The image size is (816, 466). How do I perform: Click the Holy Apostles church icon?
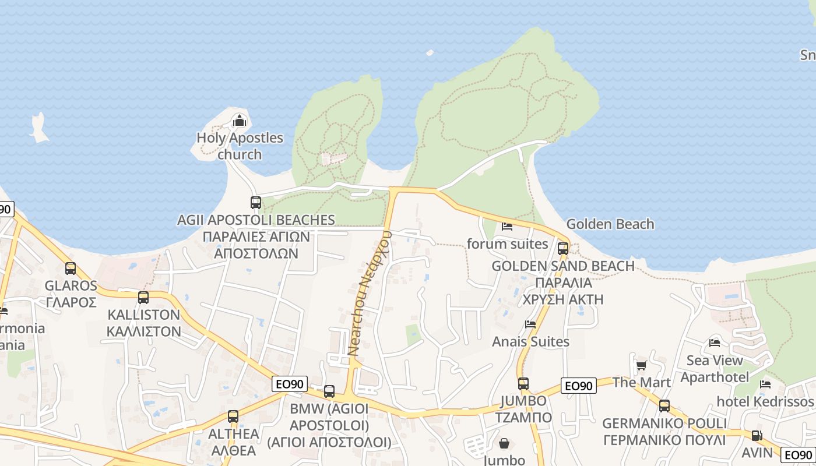pyautogui.click(x=239, y=121)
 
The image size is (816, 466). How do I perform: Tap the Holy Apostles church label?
pyautogui.click(x=240, y=146)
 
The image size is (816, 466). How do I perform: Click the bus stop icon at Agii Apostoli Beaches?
pyautogui.click(x=256, y=203)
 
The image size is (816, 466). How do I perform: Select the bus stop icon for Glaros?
pyautogui.click(x=71, y=269)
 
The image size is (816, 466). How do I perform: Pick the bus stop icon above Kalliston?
pyautogui.click(x=143, y=298)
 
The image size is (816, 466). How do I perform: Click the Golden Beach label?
pyautogui.click(x=610, y=224)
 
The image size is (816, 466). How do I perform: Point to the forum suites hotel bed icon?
pyautogui.click(x=507, y=226)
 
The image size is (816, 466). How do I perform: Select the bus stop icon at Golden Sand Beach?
pyautogui.click(x=562, y=249)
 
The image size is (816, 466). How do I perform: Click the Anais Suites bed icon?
pyautogui.click(x=530, y=324)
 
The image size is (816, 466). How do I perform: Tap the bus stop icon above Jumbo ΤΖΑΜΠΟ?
pyautogui.click(x=523, y=384)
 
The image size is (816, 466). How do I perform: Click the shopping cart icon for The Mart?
pyautogui.click(x=641, y=365)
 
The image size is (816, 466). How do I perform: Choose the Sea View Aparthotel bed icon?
pyautogui.click(x=715, y=343)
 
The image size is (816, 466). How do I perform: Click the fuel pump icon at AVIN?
pyautogui.click(x=757, y=435)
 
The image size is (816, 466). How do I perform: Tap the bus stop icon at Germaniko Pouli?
pyautogui.click(x=664, y=406)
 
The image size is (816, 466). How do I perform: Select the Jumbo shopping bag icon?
pyautogui.click(x=504, y=444)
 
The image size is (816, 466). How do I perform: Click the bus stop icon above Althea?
pyautogui.click(x=233, y=416)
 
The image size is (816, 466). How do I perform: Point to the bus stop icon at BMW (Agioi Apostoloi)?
pyautogui.click(x=329, y=391)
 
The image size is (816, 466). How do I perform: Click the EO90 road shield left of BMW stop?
pyautogui.click(x=289, y=384)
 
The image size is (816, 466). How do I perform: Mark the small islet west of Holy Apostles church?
pyautogui.click(x=39, y=129)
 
